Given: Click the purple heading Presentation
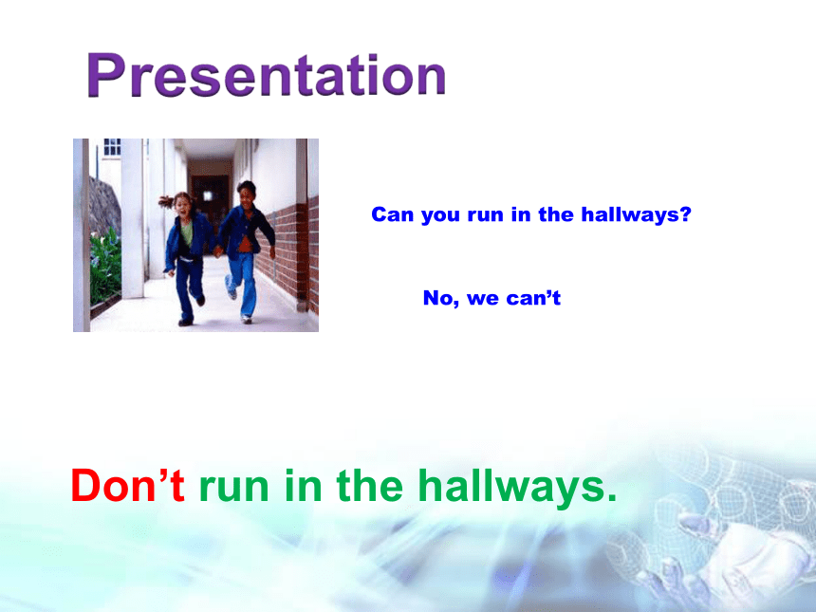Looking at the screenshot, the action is tap(266, 75).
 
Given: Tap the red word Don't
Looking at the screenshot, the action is tap(127, 485).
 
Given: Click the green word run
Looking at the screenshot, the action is tap(234, 490).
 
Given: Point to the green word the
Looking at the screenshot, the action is tap(369, 485).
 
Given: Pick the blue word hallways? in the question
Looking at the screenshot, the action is tap(636, 214).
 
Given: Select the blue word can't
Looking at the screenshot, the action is tap(533, 298).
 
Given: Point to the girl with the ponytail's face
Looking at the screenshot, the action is tap(183, 205).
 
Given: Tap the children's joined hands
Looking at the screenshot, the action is tap(218, 251).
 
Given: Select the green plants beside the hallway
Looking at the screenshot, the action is tap(105, 265).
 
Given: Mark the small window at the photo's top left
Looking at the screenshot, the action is tap(112, 147).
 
